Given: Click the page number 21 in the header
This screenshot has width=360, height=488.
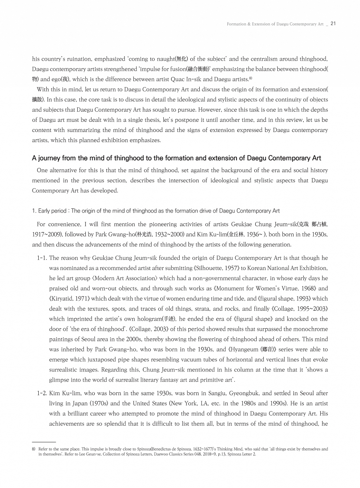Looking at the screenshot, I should point(333,24).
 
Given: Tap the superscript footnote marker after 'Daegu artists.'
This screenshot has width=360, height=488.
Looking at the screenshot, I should point(251,78).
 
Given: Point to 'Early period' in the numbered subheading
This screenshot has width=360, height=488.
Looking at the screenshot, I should point(52,211).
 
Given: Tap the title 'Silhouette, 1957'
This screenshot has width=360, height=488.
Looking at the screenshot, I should point(216,268).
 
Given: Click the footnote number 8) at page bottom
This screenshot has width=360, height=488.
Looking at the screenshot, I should point(34,449).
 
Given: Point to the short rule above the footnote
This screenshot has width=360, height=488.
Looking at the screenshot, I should point(44,442).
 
